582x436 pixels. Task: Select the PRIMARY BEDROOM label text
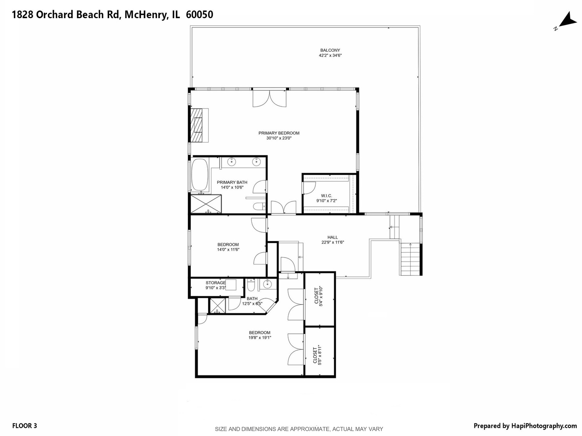coord(279,133)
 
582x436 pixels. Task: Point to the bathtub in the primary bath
coord(199,174)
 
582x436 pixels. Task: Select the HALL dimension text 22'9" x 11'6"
coord(333,243)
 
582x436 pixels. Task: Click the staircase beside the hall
coord(411,258)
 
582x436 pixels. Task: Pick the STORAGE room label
coord(215,283)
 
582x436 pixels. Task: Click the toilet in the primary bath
coord(258,207)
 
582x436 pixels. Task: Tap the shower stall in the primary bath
coord(206,204)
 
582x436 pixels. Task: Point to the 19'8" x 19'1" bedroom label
coord(259,335)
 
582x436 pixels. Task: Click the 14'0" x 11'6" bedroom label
coord(228,247)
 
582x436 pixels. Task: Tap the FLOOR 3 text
coord(25,426)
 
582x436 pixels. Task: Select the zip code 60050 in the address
coord(199,15)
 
